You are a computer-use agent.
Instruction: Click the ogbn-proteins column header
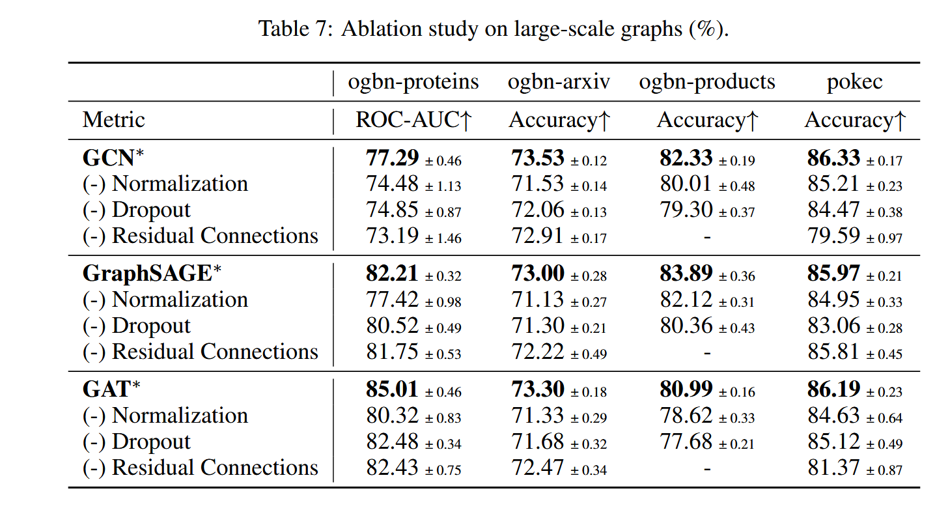[x=413, y=82]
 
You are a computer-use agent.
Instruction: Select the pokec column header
[x=854, y=82]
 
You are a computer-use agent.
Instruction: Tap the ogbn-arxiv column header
[x=559, y=82]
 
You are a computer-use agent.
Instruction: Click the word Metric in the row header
[x=114, y=120]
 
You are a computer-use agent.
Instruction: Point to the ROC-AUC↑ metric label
[x=413, y=120]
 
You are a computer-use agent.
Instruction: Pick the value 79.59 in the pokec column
[x=833, y=236]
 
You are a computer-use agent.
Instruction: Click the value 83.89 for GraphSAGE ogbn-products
[x=686, y=274]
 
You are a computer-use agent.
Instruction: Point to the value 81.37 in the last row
[x=833, y=468]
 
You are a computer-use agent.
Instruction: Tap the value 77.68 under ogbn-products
[x=686, y=442]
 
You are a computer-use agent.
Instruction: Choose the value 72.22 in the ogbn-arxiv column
[x=538, y=352]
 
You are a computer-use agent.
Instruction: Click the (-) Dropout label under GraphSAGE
[x=137, y=326]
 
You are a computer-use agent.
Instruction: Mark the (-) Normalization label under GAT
[x=165, y=416]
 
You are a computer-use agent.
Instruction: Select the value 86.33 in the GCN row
[x=833, y=158]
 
